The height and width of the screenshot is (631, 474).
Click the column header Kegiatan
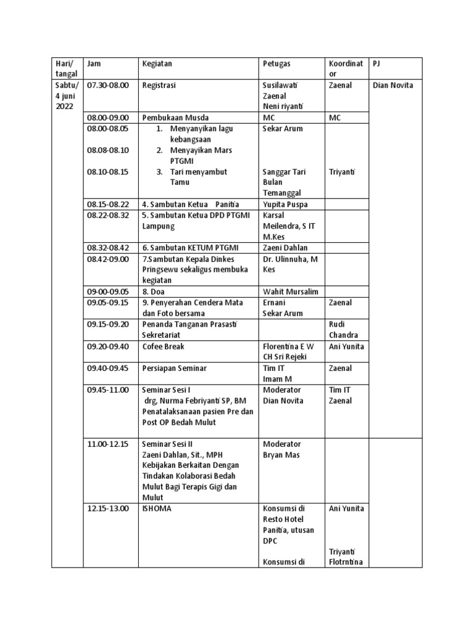point(157,63)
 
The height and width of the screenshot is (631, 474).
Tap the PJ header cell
point(378,63)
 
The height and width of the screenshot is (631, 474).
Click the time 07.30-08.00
point(108,85)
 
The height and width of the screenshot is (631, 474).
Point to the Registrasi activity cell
point(159,85)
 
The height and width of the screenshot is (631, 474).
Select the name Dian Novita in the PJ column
point(393,85)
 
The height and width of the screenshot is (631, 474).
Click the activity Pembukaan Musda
point(175,118)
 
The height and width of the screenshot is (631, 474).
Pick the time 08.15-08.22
point(108,204)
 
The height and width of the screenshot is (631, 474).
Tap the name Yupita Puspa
point(285,204)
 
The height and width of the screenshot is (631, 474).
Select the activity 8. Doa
point(153,291)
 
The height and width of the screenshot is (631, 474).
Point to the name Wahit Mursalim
point(288,291)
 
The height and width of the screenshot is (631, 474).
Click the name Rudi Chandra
point(343,330)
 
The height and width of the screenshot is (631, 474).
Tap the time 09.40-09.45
point(108,368)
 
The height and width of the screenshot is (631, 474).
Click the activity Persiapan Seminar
point(174,368)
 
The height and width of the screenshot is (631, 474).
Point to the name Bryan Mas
point(281,455)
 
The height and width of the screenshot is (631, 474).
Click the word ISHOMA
point(157,508)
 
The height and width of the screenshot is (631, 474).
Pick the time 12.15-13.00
point(108,508)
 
